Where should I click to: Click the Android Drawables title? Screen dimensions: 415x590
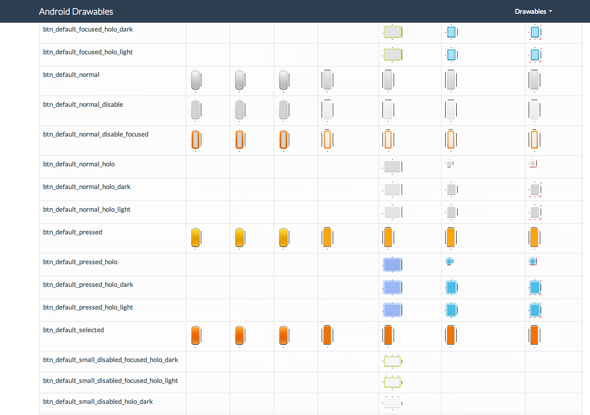click(x=76, y=12)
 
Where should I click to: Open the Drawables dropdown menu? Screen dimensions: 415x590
click(x=533, y=12)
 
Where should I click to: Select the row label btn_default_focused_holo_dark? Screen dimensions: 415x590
click(x=88, y=29)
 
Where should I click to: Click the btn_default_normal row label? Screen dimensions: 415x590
click(x=71, y=75)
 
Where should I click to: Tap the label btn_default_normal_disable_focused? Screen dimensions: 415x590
click(x=96, y=134)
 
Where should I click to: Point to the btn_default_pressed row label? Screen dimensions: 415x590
click(x=72, y=232)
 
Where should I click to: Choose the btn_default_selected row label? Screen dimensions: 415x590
click(x=73, y=330)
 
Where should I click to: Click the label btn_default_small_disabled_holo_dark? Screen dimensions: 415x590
click(x=98, y=402)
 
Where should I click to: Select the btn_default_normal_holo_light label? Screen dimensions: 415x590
click(x=87, y=210)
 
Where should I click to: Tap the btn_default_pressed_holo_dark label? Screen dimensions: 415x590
click(x=88, y=285)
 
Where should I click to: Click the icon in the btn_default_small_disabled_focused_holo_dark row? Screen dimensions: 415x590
click(x=392, y=362)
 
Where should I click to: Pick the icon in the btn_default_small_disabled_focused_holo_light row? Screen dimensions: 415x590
click(x=392, y=382)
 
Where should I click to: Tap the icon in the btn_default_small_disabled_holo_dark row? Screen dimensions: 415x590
click(x=392, y=403)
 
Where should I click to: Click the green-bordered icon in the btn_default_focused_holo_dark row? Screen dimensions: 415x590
click(x=392, y=32)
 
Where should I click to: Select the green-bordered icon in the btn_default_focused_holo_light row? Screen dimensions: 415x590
click(x=392, y=55)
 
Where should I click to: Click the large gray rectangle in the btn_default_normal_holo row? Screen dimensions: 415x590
click(x=392, y=167)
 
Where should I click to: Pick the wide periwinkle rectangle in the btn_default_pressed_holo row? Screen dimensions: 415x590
click(x=392, y=265)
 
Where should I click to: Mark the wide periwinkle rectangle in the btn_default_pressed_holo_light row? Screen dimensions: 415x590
click(x=392, y=310)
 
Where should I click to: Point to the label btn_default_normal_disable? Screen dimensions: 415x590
click(x=83, y=105)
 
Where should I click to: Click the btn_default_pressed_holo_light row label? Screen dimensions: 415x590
click(x=88, y=307)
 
